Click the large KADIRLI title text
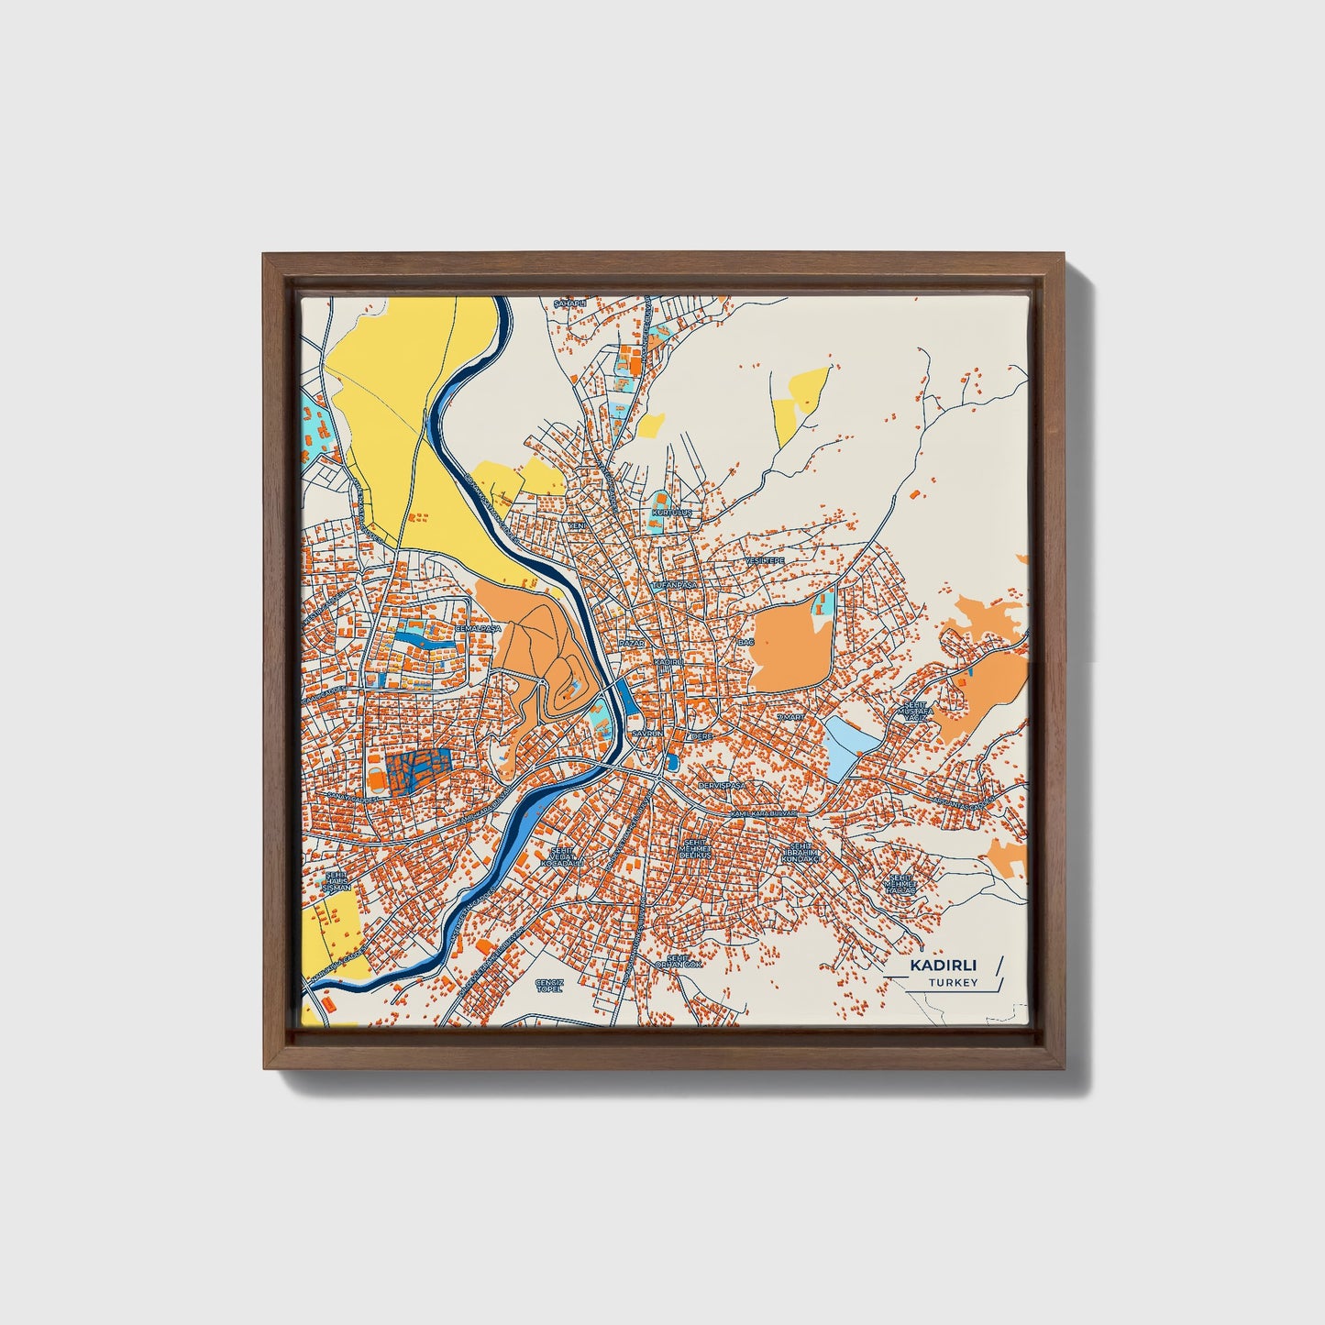click(x=944, y=965)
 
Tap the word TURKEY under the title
click(x=953, y=983)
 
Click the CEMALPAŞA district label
click(x=480, y=629)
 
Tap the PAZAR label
click(x=632, y=645)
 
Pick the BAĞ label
click(x=745, y=643)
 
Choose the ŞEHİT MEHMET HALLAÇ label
click(x=897, y=883)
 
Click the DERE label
click(x=702, y=736)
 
